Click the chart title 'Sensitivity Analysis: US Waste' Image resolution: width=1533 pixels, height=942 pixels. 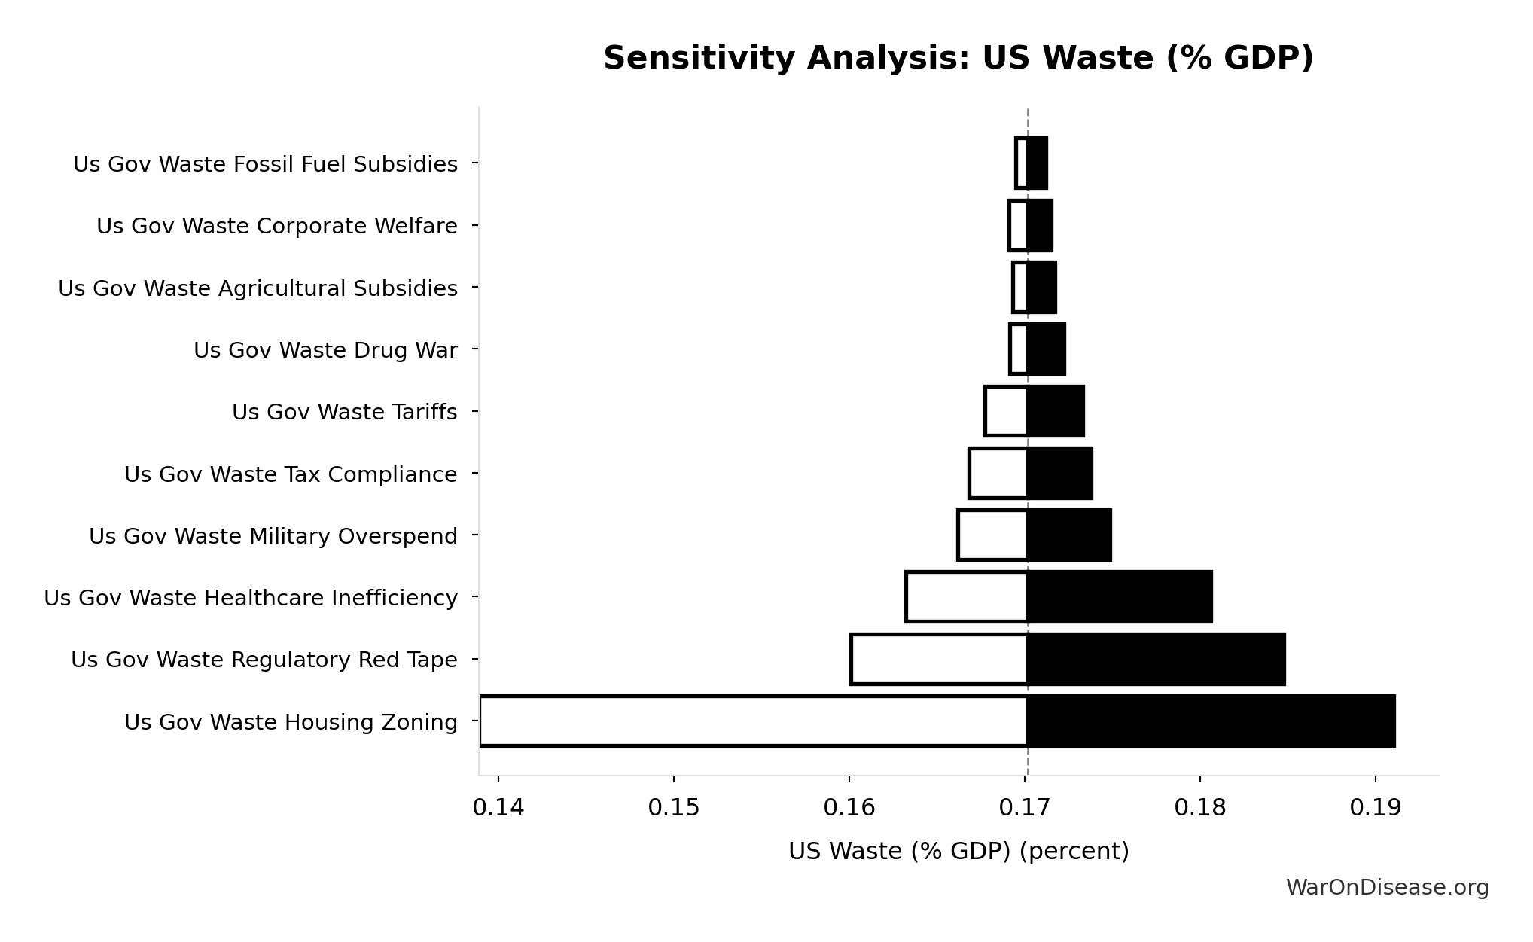(x=958, y=58)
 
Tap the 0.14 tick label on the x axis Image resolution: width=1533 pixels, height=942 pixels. (x=498, y=808)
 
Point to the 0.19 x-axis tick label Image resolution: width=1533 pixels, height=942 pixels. (x=1375, y=808)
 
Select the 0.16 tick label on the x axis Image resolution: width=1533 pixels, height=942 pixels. (x=849, y=808)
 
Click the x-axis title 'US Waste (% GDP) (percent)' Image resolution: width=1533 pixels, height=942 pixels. (x=958, y=852)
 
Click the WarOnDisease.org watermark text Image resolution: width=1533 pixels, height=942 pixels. (x=1387, y=888)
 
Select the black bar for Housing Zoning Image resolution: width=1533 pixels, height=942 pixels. (x=1211, y=721)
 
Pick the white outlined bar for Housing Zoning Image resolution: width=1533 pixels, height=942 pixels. (x=753, y=721)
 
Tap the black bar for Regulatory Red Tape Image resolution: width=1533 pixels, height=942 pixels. (x=1156, y=660)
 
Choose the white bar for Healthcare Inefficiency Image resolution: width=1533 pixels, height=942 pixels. (x=967, y=597)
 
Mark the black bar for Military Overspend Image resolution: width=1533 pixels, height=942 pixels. (x=1069, y=535)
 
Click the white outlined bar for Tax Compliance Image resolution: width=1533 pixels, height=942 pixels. (x=998, y=474)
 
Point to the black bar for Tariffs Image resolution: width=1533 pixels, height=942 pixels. (x=1056, y=411)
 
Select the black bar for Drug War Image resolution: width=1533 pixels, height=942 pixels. (x=1047, y=349)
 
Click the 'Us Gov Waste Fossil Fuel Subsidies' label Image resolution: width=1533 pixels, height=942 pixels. (x=265, y=164)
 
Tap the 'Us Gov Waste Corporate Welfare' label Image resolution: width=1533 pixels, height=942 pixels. (x=276, y=226)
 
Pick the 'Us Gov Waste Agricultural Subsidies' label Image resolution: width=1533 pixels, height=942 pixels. (x=258, y=288)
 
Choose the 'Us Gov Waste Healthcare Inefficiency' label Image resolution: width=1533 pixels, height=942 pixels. (x=251, y=598)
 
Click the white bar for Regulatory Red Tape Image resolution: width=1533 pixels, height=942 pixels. (x=939, y=660)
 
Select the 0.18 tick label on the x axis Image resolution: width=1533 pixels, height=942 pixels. (x=1199, y=808)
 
